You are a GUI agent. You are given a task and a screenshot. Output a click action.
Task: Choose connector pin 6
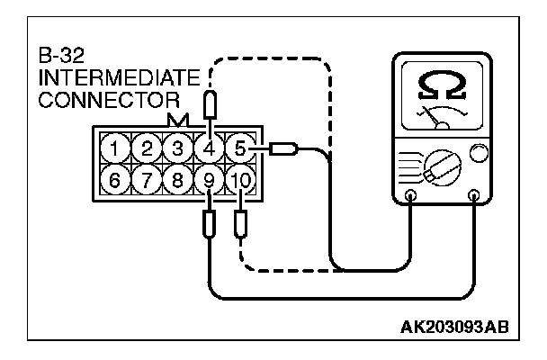click(x=114, y=179)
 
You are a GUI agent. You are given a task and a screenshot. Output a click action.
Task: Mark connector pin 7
click(x=146, y=179)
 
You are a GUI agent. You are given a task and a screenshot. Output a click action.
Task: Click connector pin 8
click(x=177, y=179)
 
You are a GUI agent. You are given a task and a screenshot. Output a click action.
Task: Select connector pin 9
click(x=209, y=179)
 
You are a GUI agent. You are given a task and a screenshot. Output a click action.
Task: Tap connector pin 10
click(x=239, y=179)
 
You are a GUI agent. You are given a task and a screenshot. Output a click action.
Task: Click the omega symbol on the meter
click(x=442, y=87)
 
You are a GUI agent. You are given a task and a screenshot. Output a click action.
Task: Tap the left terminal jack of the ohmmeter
click(x=411, y=194)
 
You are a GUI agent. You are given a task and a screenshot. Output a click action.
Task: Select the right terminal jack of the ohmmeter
click(x=474, y=194)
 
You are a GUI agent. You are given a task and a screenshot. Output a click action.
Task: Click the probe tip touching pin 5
click(x=285, y=148)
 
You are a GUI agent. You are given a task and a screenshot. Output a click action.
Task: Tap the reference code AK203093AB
click(x=454, y=327)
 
